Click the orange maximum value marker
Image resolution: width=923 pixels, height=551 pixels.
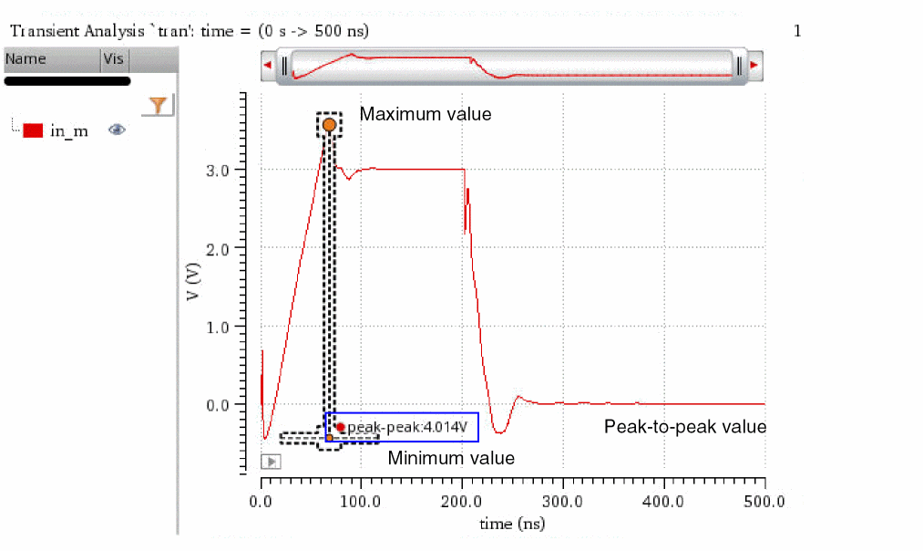[x=329, y=124]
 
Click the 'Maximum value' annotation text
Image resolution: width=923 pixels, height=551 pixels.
[x=425, y=115]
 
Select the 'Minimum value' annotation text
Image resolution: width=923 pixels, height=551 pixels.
[x=451, y=458]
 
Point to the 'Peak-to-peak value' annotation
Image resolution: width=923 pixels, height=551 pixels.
[x=685, y=427]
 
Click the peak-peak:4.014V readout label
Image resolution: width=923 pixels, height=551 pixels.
[x=407, y=427]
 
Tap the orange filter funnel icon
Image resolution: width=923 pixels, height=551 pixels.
[x=159, y=106]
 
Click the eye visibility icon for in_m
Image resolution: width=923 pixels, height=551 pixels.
[x=117, y=130]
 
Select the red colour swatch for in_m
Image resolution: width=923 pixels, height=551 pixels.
[x=34, y=130]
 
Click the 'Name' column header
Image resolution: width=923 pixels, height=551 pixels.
[x=26, y=60]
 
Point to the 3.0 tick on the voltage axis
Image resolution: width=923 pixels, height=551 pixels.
[x=225, y=171]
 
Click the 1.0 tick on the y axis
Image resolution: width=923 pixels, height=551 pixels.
[x=225, y=327]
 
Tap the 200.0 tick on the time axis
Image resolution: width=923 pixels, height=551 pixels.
[x=463, y=501]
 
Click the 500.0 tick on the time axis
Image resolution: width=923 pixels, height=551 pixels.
[x=764, y=501]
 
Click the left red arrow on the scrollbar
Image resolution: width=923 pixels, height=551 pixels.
[x=267, y=66]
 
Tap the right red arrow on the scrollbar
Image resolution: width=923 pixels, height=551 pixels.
[x=754, y=66]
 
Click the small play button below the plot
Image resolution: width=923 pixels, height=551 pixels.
[x=271, y=462]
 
